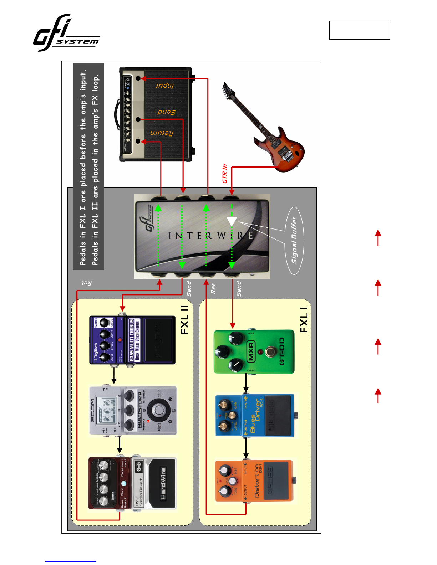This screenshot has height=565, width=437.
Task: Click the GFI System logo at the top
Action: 66,33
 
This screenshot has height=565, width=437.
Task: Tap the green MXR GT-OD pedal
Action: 254,351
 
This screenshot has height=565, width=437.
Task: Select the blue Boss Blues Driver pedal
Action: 255,415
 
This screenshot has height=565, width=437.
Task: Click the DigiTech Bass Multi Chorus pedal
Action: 132,340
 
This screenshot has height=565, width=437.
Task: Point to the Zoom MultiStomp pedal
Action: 133,411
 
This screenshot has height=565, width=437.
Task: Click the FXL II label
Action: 185,320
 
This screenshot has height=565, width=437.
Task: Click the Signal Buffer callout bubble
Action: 295,241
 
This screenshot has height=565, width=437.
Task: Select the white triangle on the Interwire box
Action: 232,221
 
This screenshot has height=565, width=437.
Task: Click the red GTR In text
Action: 225,174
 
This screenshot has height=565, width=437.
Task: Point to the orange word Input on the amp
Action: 164,86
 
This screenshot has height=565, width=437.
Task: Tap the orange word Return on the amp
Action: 162,133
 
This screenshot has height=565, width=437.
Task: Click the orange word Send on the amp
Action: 166,112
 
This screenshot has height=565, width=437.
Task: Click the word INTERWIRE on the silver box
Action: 210,236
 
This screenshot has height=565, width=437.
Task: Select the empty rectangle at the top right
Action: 360,30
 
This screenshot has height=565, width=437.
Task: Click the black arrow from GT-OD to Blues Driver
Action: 246,384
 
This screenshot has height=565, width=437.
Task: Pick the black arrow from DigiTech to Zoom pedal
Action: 114,375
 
